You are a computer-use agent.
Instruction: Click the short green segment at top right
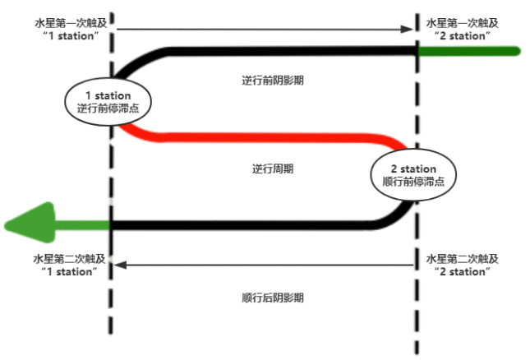pos(468,51)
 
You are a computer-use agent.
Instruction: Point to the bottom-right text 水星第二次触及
pos(461,258)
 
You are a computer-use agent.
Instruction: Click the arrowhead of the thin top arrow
pos(405,30)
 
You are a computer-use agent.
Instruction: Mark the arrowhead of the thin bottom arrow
pos(120,265)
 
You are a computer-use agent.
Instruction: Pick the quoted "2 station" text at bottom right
pos(461,271)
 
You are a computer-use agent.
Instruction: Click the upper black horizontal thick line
pos(288,51)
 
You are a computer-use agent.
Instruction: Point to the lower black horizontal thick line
pos(247,224)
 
